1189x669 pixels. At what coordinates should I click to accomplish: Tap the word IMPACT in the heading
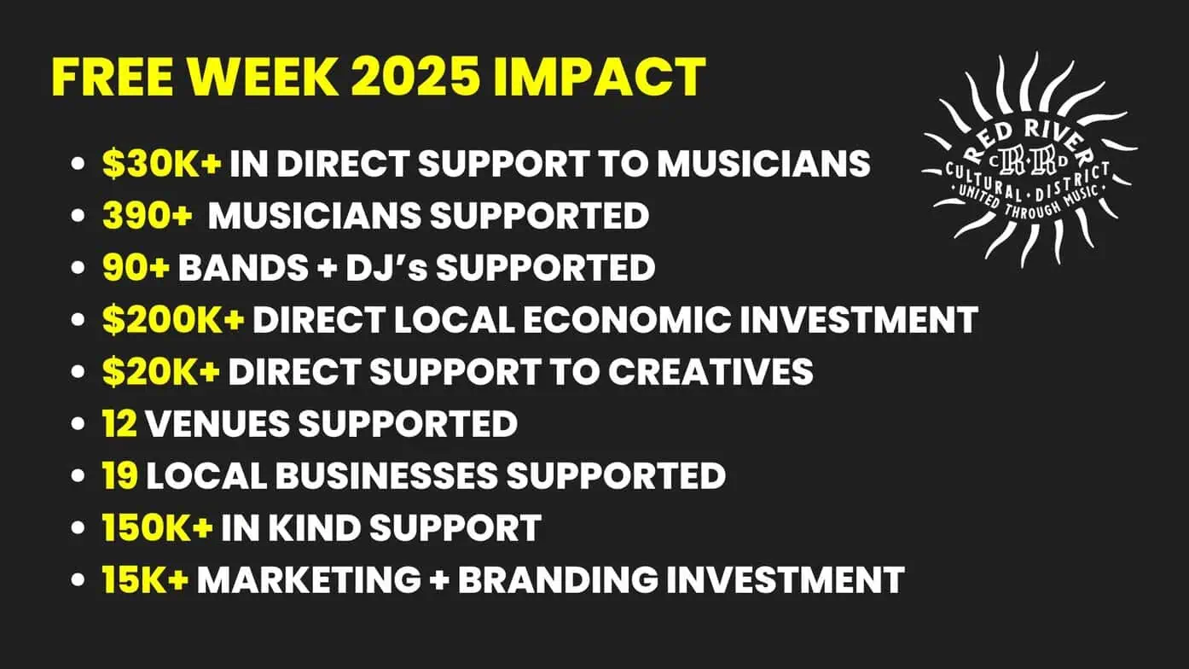tap(600, 77)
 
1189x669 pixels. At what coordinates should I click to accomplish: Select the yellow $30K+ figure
tap(162, 163)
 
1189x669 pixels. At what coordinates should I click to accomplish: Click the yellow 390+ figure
tap(147, 215)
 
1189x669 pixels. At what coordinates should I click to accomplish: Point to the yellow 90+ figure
tap(136, 267)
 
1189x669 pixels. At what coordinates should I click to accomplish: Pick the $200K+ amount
tap(173, 320)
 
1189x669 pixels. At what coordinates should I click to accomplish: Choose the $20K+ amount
tap(161, 371)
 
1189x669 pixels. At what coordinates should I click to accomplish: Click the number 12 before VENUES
tap(120, 423)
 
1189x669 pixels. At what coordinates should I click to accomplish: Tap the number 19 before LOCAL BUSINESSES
tap(120, 475)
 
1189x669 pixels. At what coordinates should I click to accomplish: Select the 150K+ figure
tap(158, 527)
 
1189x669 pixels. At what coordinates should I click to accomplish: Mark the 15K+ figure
tap(146, 579)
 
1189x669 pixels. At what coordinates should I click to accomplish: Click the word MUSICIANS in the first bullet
tap(764, 163)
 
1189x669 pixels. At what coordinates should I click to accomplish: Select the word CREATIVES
tap(710, 371)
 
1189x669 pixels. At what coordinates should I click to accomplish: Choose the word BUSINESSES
tap(386, 475)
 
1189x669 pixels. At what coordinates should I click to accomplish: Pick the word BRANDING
tap(557, 579)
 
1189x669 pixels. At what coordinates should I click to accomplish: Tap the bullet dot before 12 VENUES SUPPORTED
tap(78, 424)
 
